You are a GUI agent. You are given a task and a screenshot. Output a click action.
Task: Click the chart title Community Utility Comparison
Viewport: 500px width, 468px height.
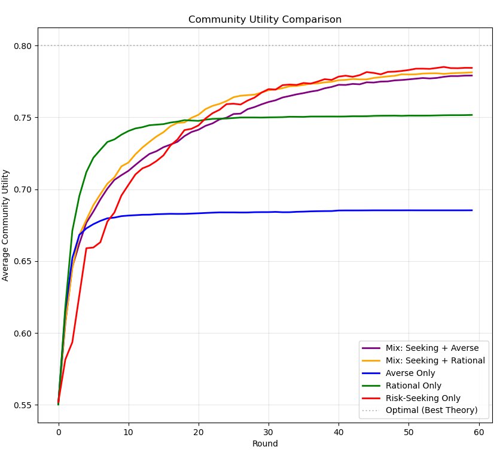click(265, 20)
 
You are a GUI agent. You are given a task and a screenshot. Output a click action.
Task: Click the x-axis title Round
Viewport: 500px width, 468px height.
click(265, 444)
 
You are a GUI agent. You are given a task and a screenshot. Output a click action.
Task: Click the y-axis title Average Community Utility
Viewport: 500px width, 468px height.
click(6, 225)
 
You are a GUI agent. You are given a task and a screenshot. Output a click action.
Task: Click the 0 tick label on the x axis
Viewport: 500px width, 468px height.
click(59, 432)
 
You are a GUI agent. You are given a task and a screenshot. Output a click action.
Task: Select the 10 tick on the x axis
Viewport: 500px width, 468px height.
click(129, 432)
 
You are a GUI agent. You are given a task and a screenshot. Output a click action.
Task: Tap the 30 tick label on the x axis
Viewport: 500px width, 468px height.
click(269, 432)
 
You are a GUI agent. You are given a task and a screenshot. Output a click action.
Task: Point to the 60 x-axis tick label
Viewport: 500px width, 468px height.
click(479, 432)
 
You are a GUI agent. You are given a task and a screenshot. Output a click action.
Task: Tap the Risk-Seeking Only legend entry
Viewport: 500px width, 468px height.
click(427, 398)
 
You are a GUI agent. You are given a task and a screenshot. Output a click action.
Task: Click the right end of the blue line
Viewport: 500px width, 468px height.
click(472, 210)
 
